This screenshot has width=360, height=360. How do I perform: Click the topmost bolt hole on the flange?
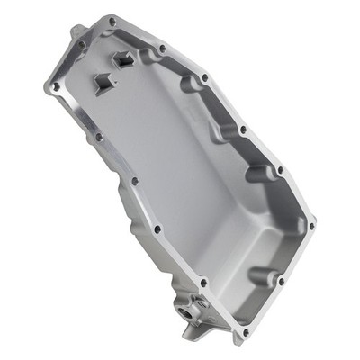(x=112, y=20)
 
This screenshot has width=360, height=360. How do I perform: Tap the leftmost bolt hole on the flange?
(x=55, y=86)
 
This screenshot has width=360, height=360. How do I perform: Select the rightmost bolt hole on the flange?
(x=310, y=220)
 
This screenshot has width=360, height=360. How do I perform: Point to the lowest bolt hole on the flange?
(x=241, y=332)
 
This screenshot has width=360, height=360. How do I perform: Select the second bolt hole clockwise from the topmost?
(x=161, y=49)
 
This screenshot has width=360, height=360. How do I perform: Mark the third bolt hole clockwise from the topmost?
(x=204, y=78)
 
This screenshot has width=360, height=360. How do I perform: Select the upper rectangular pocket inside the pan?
(x=123, y=60)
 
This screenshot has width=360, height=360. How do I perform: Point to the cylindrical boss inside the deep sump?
(x=258, y=273)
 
